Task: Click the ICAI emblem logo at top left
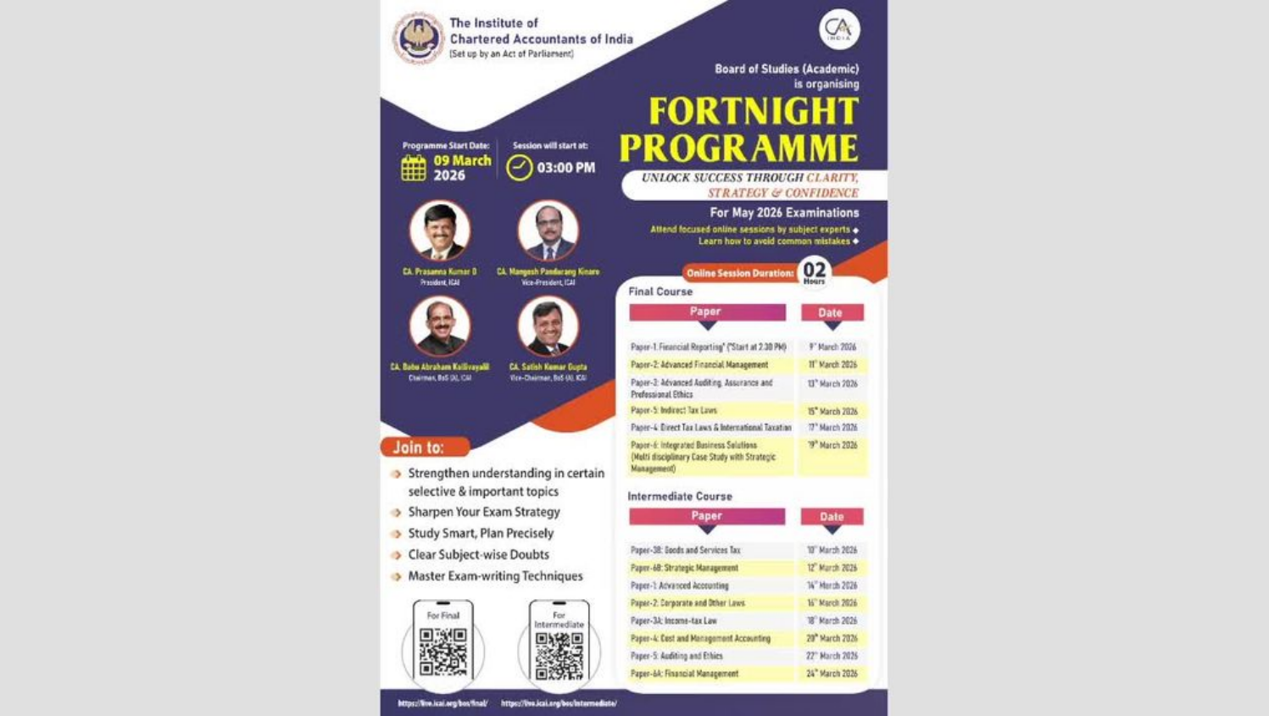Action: point(418,38)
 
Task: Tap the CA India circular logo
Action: point(839,30)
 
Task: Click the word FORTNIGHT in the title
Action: point(754,112)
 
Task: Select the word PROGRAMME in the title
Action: point(738,148)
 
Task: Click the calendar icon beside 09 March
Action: point(414,168)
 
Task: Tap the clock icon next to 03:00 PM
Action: point(520,168)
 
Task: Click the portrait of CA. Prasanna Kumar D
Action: point(440,230)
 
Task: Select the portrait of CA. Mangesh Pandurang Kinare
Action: point(548,230)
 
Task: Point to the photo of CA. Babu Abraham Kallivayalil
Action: point(440,325)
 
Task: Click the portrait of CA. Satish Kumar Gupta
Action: point(548,325)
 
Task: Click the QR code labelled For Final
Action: point(443,651)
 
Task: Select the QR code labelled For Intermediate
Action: point(559,656)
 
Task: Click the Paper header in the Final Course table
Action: point(707,312)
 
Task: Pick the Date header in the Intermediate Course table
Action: point(832,516)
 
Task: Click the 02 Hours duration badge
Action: point(814,272)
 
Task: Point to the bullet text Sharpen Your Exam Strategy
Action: point(484,512)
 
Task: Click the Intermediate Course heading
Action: point(680,497)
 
